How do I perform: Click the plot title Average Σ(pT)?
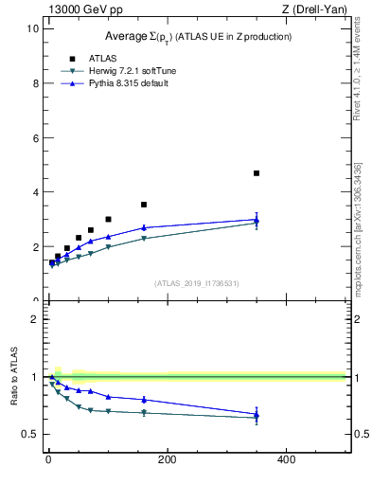pyautogui.click(x=197, y=37)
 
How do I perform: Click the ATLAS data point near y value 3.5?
pyautogui.click(x=144, y=205)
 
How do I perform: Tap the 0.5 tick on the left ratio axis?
pyautogui.click(x=30, y=435)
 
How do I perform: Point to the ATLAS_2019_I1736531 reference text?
pyautogui.click(x=197, y=283)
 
